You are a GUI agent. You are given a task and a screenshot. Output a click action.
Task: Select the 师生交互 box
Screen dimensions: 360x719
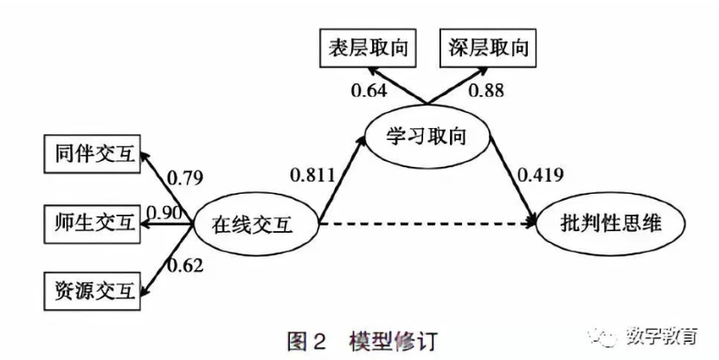pos(91,222)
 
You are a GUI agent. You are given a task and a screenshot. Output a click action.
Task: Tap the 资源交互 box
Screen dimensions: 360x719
pos(91,290)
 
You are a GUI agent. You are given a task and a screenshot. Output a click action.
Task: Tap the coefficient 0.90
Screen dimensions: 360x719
pos(163,213)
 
